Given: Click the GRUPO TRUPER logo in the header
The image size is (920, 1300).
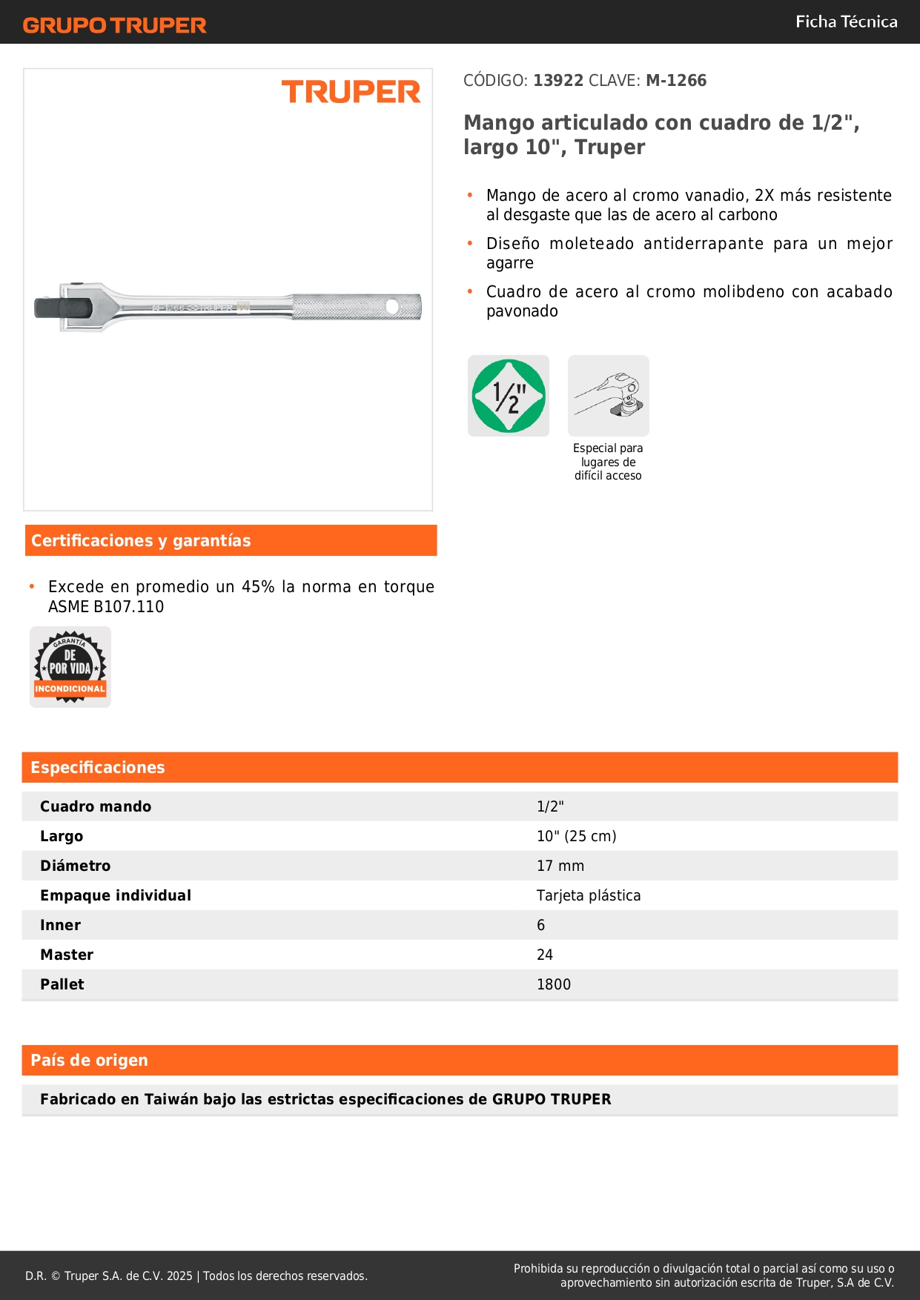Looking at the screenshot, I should tap(114, 25).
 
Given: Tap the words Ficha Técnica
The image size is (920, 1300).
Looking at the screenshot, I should tap(846, 22).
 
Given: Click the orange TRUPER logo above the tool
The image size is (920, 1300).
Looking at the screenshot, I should tap(351, 92).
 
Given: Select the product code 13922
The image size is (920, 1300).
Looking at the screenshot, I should tap(558, 81).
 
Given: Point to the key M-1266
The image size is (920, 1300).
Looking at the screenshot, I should tap(676, 81).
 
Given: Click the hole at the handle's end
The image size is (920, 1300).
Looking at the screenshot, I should tap(394, 305).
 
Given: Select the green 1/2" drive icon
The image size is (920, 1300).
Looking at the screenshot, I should tap(509, 396).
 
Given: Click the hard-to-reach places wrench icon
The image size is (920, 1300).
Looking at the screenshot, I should tap(609, 396).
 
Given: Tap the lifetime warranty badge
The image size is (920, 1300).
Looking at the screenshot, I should tap(70, 667).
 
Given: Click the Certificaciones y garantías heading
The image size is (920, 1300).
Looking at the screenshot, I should tap(141, 541).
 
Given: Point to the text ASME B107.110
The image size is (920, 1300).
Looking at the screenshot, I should tap(106, 607).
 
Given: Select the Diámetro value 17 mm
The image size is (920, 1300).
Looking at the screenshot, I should tap(560, 866).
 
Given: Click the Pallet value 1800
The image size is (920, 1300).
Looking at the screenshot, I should tap(554, 984).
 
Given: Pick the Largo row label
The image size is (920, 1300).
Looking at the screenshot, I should tap(62, 836).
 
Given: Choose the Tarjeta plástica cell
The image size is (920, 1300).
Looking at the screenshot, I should tap(589, 895).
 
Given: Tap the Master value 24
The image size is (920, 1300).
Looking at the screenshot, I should tap(545, 955).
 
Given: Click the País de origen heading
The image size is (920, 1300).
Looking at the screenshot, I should tap(89, 1061).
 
